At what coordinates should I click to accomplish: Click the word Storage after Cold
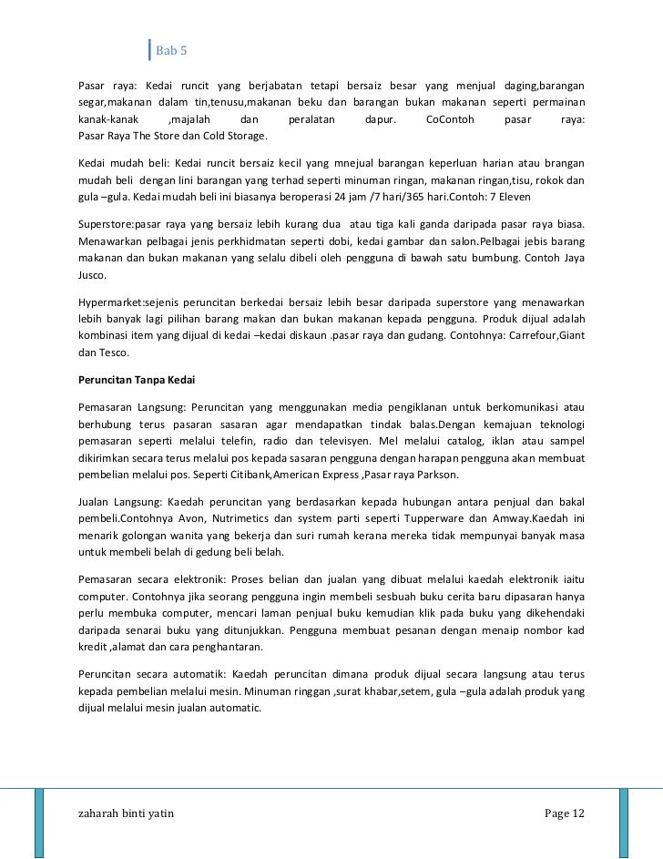tap(242, 137)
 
